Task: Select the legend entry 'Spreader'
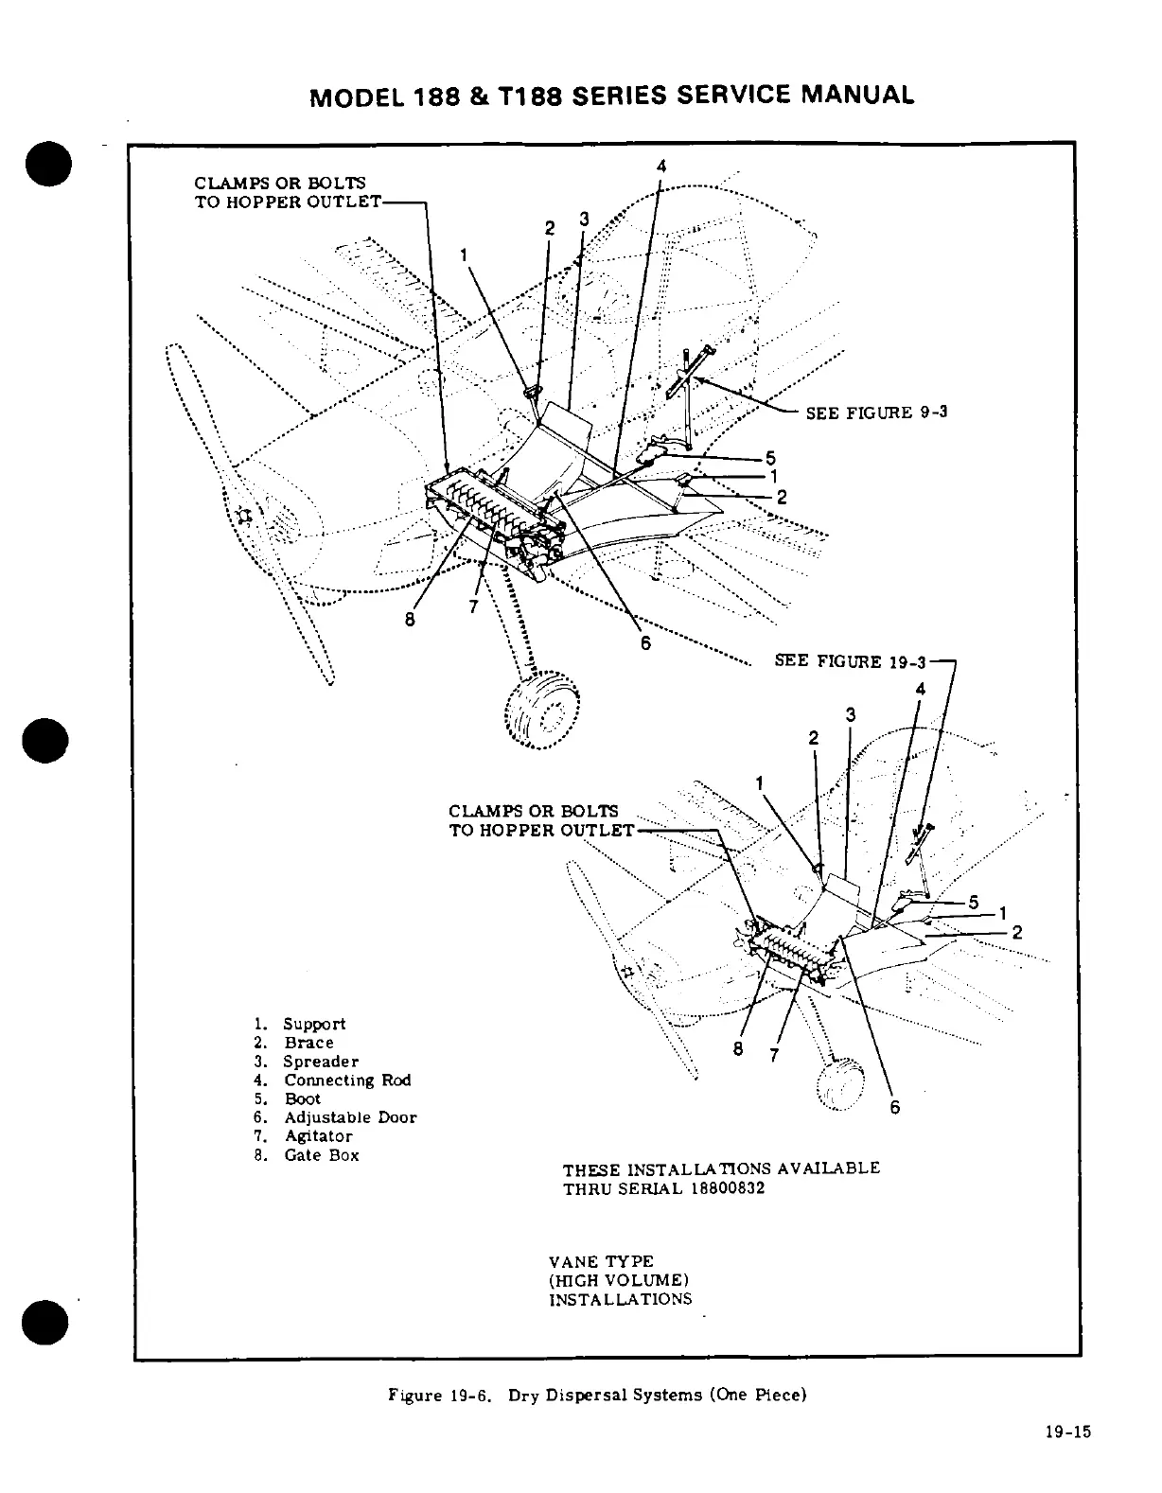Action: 321,1062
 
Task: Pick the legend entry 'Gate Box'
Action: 321,1155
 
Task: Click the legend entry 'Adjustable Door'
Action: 350,1117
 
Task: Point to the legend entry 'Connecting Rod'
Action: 347,1080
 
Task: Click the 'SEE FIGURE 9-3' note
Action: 876,413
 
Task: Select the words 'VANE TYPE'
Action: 601,1262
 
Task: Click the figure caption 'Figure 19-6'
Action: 441,1396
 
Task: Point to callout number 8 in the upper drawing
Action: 410,621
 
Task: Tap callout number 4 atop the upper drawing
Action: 660,166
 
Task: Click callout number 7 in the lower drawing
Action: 774,1055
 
